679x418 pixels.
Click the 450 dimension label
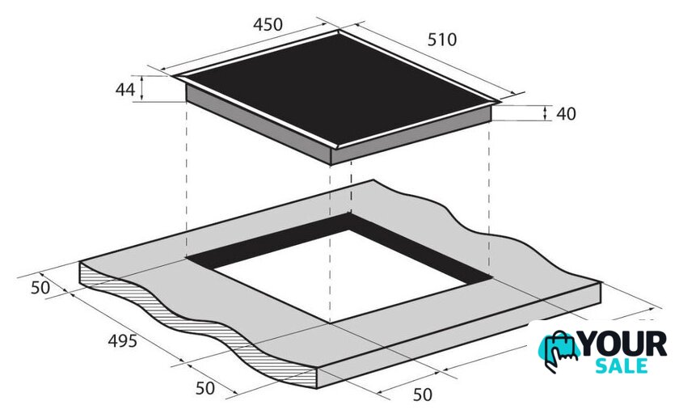pos(268,25)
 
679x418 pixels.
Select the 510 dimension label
pos(441,40)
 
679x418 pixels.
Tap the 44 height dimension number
pos(125,89)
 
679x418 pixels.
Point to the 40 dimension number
pos(566,113)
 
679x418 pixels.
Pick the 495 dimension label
pos(123,341)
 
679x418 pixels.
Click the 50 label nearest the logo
pos(422,395)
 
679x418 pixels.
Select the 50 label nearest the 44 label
pos(40,288)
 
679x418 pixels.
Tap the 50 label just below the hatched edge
pos(205,388)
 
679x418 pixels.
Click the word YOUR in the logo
pos(622,344)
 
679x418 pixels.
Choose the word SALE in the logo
pos(621,366)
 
